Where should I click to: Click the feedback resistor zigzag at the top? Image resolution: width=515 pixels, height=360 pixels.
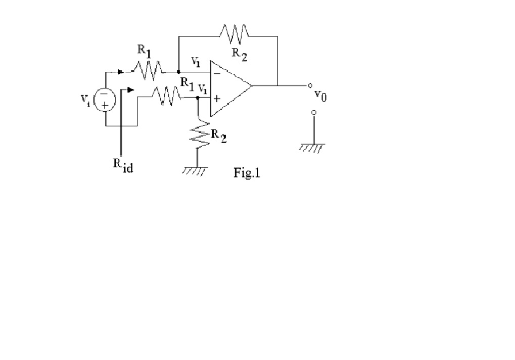pyautogui.click(x=235, y=34)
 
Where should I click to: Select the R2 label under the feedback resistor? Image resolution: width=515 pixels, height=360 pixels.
pyautogui.click(x=239, y=54)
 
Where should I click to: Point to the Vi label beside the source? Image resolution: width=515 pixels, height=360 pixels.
pyautogui.click(x=85, y=99)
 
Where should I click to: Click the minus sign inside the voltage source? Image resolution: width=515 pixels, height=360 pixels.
pyautogui.click(x=105, y=94)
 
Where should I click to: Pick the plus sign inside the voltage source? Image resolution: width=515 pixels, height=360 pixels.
pyautogui.click(x=105, y=105)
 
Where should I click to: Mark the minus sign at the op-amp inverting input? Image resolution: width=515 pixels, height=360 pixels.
pyautogui.click(x=216, y=73)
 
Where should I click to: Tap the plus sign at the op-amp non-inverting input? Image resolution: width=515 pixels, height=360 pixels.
pyautogui.click(x=216, y=99)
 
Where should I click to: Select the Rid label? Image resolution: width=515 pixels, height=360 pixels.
pyautogui.click(x=123, y=165)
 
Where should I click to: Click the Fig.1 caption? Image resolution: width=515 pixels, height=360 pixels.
pyautogui.click(x=247, y=174)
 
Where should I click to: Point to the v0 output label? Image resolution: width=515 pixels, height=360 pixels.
pyautogui.click(x=320, y=95)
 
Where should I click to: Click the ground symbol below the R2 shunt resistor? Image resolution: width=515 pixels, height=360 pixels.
pyautogui.click(x=195, y=171)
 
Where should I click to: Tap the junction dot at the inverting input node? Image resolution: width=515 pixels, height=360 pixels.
pyautogui.click(x=178, y=72)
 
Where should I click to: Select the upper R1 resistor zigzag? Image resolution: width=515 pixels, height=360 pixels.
pyautogui.click(x=148, y=71)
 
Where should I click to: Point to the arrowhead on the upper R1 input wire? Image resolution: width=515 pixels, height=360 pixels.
pyautogui.click(x=120, y=72)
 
